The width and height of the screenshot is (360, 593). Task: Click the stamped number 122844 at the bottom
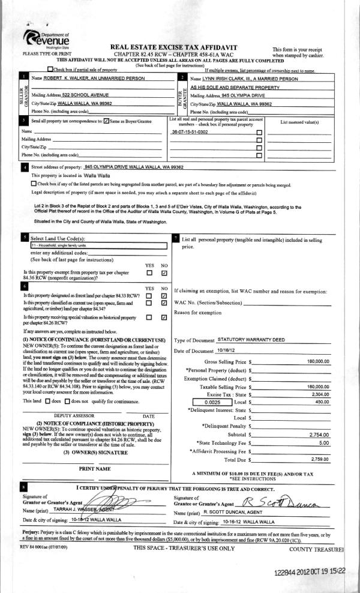pyautogui.click(x=280, y=574)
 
